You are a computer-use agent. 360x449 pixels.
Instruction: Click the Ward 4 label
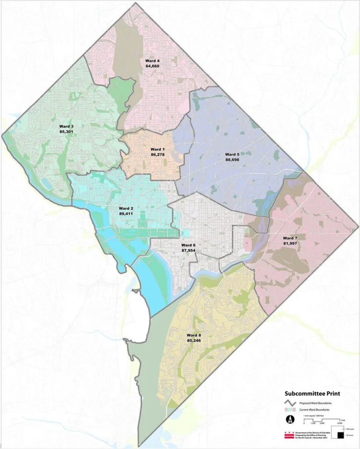[x=152, y=61]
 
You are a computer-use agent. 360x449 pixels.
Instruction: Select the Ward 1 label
[x=158, y=149]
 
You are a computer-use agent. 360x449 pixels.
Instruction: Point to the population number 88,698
[x=232, y=159]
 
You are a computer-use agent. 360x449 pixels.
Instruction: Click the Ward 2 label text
[x=126, y=208]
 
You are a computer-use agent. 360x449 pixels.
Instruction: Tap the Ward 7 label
[x=290, y=238]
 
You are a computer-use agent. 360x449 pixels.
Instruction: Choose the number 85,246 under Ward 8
[x=194, y=340]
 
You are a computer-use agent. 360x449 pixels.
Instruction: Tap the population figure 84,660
[x=152, y=66]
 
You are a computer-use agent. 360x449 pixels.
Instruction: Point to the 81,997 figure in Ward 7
[x=290, y=243]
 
